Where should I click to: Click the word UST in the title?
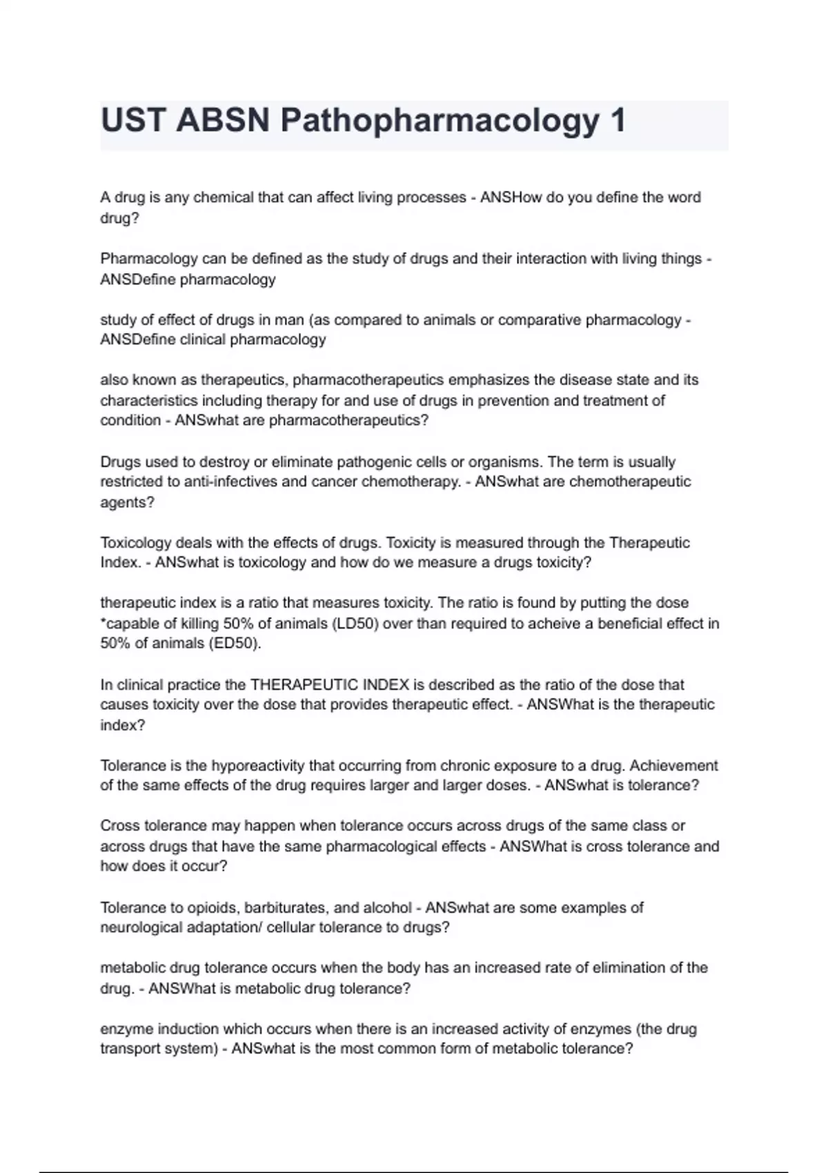click(133, 121)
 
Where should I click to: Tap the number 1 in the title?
click(618, 121)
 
